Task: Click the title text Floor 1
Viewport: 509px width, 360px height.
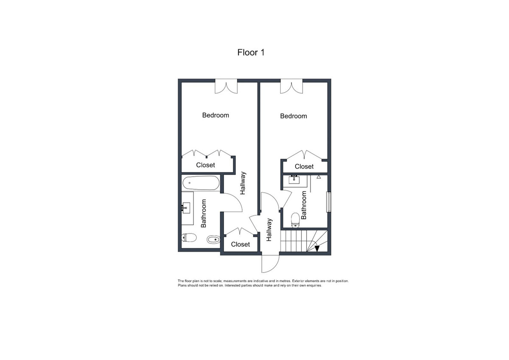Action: pyautogui.click(x=251, y=53)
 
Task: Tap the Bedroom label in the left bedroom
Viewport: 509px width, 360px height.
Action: pyautogui.click(x=215, y=115)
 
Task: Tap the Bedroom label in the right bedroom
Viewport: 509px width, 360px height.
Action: pyautogui.click(x=294, y=116)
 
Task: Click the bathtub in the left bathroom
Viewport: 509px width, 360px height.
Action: pyautogui.click(x=201, y=184)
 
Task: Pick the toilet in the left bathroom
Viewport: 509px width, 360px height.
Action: pyautogui.click(x=188, y=237)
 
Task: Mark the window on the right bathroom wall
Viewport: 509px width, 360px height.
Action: pyautogui.click(x=328, y=202)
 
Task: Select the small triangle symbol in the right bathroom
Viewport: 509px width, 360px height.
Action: pyautogui.click(x=319, y=177)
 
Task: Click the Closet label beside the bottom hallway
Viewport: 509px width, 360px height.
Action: pyautogui.click(x=241, y=244)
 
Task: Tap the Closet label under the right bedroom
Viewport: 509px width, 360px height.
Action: pyautogui.click(x=304, y=166)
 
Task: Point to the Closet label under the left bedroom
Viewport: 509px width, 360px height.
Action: pyautogui.click(x=205, y=165)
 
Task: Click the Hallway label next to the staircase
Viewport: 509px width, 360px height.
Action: pyautogui.click(x=269, y=230)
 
